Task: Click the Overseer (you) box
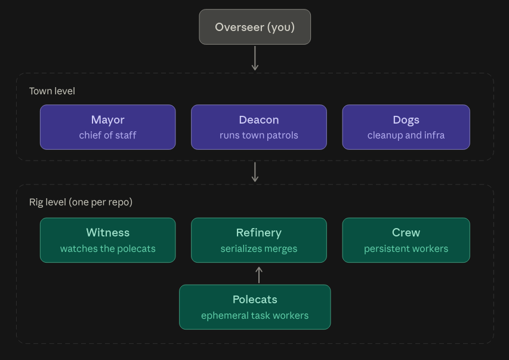(x=255, y=27)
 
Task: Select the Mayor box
(x=108, y=127)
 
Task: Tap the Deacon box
(x=259, y=127)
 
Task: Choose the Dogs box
(x=406, y=127)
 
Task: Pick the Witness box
(x=108, y=240)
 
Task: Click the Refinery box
(x=259, y=240)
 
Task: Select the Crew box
(x=406, y=240)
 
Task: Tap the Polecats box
(x=255, y=307)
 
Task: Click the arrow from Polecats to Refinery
(x=259, y=275)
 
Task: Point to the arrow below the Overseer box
(x=255, y=58)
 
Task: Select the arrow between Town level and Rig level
(x=255, y=172)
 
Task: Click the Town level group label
(x=52, y=91)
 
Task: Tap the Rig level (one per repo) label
(x=81, y=202)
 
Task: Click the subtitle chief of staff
(x=108, y=135)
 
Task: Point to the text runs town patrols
(x=259, y=135)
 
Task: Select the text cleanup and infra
(x=406, y=135)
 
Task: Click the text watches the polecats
(x=108, y=248)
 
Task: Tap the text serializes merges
(x=259, y=248)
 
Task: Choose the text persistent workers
(x=406, y=248)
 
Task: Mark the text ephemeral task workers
(x=255, y=315)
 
